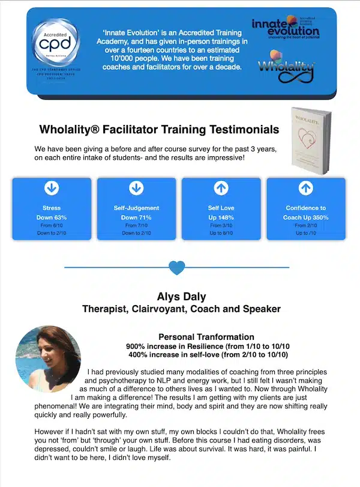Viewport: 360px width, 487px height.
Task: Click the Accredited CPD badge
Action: (55, 44)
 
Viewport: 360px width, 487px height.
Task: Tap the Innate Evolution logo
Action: (284, 27)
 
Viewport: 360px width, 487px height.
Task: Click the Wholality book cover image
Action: (310, 139)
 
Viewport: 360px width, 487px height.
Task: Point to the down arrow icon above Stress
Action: (52, 188)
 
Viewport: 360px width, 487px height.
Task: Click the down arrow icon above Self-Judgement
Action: (136, 188)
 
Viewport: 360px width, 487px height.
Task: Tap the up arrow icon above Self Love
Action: (221, 188)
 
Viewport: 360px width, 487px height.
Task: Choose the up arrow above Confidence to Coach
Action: (305, 188)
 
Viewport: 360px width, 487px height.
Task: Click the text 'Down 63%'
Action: (52, 217)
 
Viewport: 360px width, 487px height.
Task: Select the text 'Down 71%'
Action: (136, 217)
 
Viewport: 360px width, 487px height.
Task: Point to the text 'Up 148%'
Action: (221, 217)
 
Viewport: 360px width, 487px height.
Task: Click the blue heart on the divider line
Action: (176, 267)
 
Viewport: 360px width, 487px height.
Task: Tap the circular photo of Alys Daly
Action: (48, 355)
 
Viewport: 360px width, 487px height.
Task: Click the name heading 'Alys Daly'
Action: (181, 297)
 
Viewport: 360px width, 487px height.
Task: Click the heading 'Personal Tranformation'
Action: (206, 337)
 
